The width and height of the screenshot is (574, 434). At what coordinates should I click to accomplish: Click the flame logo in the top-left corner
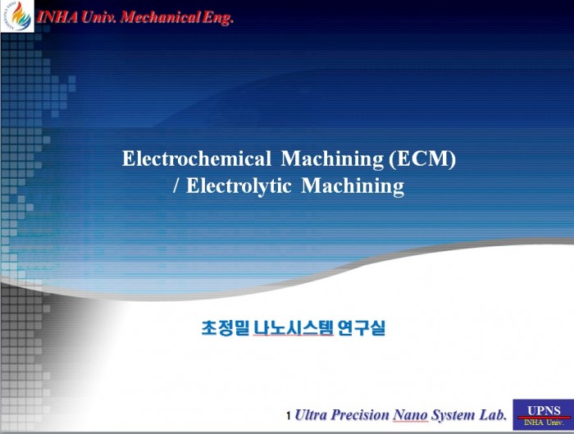tap(17, 16)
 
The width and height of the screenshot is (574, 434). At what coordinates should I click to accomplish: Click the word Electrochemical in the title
tap(197, 158)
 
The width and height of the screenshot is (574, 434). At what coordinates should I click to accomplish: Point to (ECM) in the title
tap(422, 159)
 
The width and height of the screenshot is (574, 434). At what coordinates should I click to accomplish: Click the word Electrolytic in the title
tap(239, 185)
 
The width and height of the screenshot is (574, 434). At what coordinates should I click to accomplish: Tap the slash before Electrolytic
tap(176, 185)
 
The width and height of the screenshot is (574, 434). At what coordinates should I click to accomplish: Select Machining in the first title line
tap(332, 159)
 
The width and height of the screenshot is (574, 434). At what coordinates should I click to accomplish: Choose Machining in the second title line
tap(353, 186)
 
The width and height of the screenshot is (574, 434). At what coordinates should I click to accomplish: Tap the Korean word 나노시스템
tap(294, 327)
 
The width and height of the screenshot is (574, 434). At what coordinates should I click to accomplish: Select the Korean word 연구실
tap(362, 327)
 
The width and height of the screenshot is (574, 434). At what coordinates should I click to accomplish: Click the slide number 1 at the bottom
tap(289, 416)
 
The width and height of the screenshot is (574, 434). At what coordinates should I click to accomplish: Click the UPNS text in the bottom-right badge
tap(544, 410)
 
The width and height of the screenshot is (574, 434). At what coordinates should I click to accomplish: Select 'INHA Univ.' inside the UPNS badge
tap(544, 423)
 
